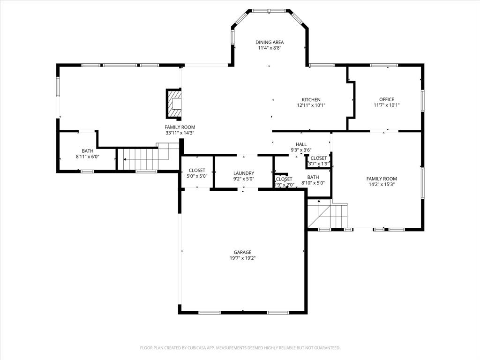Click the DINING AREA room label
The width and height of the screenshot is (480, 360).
[x=270, y=42]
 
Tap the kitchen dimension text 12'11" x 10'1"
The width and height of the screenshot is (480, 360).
[x=311, y=105]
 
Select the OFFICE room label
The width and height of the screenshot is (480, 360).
[x=386, y=99]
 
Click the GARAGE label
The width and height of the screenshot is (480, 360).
[x=243, y=252]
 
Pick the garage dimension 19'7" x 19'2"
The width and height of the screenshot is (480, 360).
[x=243, y=258]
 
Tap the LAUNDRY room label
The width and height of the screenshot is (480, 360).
[x=244, y=173]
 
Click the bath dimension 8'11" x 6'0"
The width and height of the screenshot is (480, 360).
[x=88, y=157]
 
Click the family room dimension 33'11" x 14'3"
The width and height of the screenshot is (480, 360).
[x=180, y=133]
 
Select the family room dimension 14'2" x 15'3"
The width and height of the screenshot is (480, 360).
[x=382, y=184]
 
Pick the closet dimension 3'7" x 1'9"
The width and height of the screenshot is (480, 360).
[x=319, y=164]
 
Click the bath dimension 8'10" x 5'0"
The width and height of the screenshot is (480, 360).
[x=313, y=183]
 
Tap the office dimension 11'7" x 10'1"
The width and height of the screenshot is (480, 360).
[x=386, y=105]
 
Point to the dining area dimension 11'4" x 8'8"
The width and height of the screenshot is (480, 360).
[x=270, y=48]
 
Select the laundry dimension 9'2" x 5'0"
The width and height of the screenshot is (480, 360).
[x=244, y=179]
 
